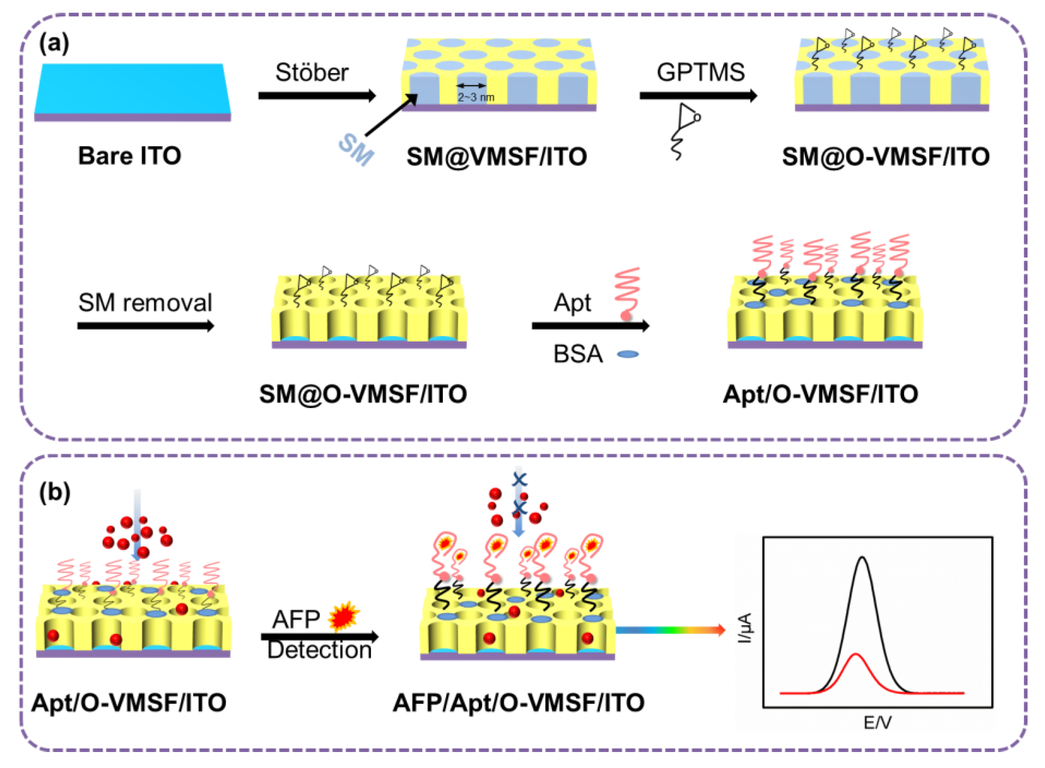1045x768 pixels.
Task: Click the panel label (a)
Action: click(55, 44)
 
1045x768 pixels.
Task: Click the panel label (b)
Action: click(55, 492)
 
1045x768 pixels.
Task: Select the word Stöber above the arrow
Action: click(312, 72)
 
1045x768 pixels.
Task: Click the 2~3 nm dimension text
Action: click(476, 97)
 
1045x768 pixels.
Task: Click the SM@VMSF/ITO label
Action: click(496, 157)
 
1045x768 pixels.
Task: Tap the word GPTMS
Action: click(701, 72)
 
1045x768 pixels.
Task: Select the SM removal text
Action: click(145, 303)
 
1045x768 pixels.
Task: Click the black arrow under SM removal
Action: click(145, 326)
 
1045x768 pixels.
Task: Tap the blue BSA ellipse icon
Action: click(628, 354)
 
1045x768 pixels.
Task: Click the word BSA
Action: click(578, 354)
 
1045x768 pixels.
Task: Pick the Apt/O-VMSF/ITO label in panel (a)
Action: click(820, 394)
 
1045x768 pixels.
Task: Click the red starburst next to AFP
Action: click(344, 616)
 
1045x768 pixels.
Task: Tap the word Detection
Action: click(319, 650)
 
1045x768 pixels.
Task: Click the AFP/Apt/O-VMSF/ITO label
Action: click(518, 703)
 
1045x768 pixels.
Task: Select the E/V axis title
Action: click(877, 723)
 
